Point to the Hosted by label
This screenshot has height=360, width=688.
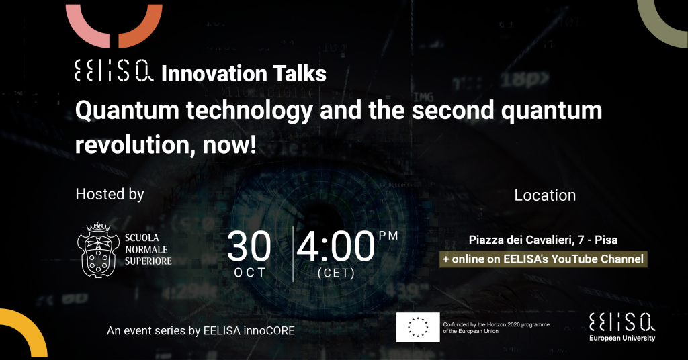tap(110, 195)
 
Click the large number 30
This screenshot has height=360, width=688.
tap(249, 246)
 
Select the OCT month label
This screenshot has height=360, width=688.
tap(250, 273)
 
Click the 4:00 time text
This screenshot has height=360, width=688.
tap(335, 246)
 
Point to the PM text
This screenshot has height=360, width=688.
tap(388, 235)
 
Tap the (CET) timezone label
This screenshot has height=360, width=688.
tap(336, 273)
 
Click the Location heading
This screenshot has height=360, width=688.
tap(545, 195)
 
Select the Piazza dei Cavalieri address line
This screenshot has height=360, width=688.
tap(544, 240)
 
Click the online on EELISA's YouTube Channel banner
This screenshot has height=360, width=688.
tap(543, 259)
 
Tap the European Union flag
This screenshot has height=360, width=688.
tap(418, 327)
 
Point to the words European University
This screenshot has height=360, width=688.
tap(621, 338)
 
